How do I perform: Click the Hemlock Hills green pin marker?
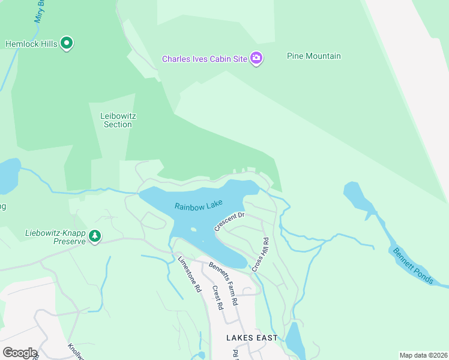[67, 43]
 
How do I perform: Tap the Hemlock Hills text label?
[32, 44]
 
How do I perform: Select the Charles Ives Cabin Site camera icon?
[256, 58]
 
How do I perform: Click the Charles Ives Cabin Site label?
[205, 59]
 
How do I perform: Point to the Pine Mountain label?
[313, 56]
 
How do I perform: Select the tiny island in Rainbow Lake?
[193, 229]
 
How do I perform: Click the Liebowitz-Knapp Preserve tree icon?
[94, 236]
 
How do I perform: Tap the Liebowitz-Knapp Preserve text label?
[55, 237]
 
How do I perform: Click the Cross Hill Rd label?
[260, 254]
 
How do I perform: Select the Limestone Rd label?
[189, 274]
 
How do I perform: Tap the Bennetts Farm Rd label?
[223, 283]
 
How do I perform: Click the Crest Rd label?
[217, 297]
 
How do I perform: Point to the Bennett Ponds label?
[411, 265]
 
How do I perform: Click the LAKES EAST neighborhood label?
[252, 338]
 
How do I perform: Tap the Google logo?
[19, 353]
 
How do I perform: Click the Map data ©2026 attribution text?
[423, 355]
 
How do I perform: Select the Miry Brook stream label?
[40, 11]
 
